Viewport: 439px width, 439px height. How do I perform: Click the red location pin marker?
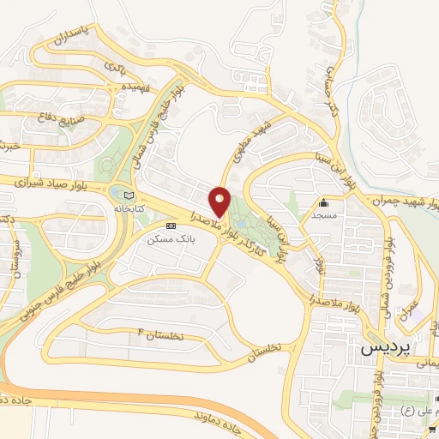click(221, 201)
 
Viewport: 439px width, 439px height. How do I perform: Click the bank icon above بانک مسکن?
click(170, 225)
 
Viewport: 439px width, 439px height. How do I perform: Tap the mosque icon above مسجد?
click(324, 204)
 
